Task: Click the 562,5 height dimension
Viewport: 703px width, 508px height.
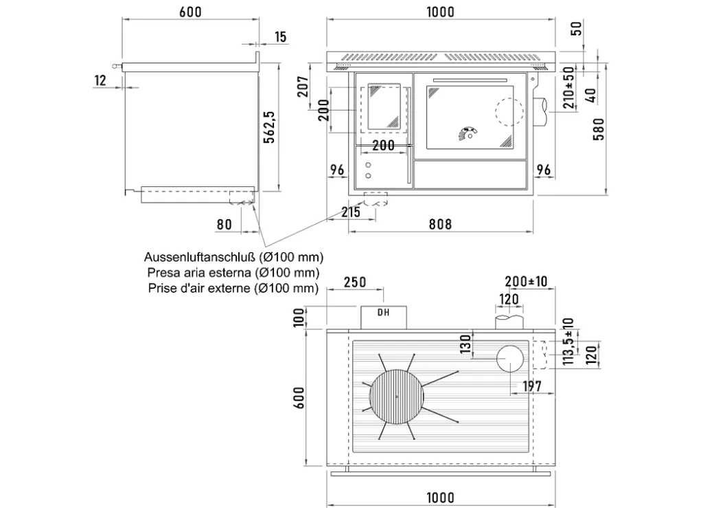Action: point(269,127)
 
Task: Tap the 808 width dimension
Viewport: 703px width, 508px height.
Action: point(440,224)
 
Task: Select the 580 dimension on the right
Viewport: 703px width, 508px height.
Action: point(599,129)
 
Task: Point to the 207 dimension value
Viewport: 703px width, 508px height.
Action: point(303,87)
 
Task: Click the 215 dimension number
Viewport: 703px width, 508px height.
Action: point(351,212)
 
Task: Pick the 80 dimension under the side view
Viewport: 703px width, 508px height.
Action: point(224,224)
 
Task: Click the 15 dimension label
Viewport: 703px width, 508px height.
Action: point(280,37)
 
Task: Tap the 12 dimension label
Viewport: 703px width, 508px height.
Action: point(100,80)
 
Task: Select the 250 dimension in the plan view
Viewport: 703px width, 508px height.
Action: point(355,283)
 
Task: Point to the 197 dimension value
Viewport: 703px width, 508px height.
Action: point(532,386)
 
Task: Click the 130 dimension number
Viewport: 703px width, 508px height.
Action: point(466,344)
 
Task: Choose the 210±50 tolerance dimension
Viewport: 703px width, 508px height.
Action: point(568,87)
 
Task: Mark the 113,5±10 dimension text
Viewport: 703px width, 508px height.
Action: point(568,342)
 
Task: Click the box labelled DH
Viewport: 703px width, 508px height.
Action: point(384,318)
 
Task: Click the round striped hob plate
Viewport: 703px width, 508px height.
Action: point(396,397)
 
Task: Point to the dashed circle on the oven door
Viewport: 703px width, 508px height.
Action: point(509,112)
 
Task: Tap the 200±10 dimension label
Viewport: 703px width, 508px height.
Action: point(526,281)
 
